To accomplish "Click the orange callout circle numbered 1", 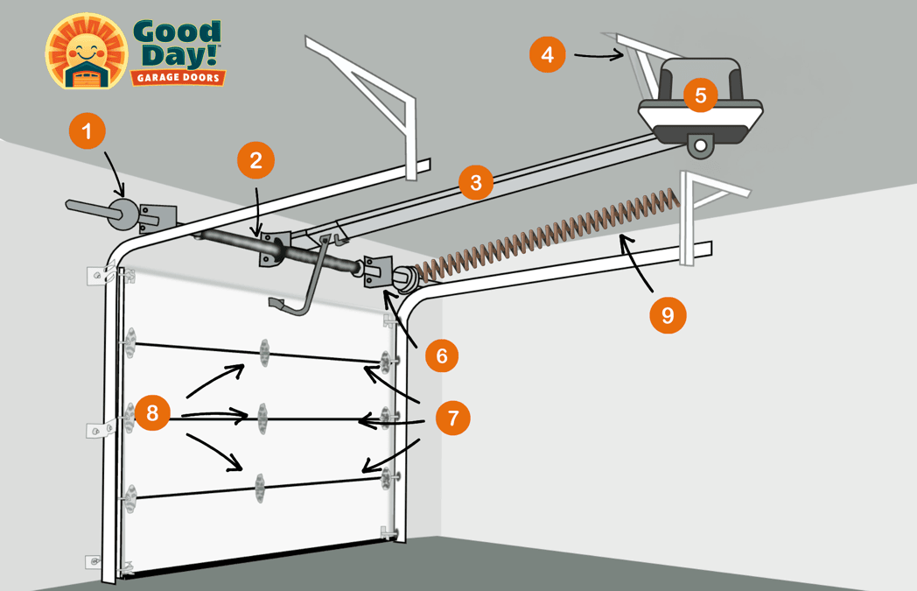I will pos(86,133).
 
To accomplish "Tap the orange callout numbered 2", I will pos(255,159).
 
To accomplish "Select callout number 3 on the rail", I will pos(475,182).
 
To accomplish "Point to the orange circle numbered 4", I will pos(547,54).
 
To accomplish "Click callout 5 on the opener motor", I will pos(701,95).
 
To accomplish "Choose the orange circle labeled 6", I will pos(441,355).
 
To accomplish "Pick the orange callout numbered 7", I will pos(452,418).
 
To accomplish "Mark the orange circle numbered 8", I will pos(152,412).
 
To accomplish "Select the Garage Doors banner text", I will pos(178,78).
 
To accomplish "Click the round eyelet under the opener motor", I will pos(699,143).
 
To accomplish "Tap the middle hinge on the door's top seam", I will pos(262,352).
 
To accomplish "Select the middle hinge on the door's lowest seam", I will pos(259,487).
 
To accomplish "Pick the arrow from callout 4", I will pos(600,57).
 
